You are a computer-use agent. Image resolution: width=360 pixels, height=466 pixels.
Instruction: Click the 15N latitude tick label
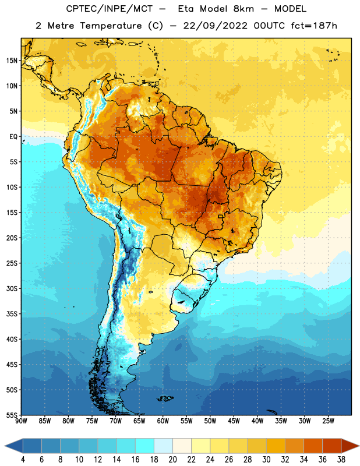click(x=12, y=61)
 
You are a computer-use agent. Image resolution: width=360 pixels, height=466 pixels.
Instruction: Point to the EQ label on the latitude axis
click(x=13, y=137)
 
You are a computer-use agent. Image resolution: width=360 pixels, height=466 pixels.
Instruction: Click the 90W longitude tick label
click(x=22, y=421)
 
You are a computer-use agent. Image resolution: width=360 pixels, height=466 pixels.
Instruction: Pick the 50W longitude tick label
click(x=210, y=421)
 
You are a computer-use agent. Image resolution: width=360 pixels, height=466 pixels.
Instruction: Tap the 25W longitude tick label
click(x=328, y=421)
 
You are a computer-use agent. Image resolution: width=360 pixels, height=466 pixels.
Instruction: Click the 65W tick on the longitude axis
click(x=139, y=421)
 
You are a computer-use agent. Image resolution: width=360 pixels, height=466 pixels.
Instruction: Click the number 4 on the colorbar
click(x=23, y=460)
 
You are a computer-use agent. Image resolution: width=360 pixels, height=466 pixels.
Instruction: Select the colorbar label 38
click(x=341, y=460)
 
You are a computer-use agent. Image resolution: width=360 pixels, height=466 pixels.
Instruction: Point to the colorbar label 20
click(x=172, y=460)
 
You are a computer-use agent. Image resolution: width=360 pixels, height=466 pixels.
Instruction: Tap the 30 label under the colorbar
click(x=266, y=460)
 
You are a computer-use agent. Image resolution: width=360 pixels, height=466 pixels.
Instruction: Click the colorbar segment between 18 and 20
click(x=164, y=446)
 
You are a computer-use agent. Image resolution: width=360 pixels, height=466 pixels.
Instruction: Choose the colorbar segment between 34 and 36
click(x=313, y=446)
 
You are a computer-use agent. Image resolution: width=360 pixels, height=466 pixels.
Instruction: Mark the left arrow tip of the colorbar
click(x=5, y=446)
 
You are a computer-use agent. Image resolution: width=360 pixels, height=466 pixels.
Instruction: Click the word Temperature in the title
click(x=111, y=26)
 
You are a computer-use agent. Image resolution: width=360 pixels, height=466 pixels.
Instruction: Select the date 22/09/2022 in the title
click(x=215, y=26)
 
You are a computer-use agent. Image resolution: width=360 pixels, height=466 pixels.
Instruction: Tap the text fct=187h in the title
click(x=314, y=26)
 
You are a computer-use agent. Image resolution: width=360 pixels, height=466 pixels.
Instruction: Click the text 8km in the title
click(x=243, y=9)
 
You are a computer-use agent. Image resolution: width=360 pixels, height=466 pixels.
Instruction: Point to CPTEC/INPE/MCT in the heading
click(x=110, y=9)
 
